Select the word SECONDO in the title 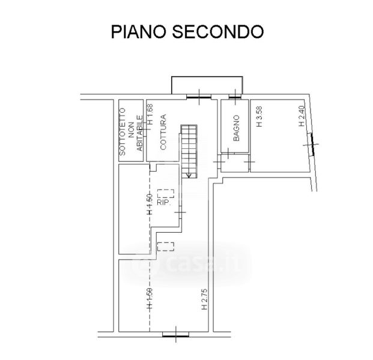[x=219, y=32]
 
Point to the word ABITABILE [x=139, y=137]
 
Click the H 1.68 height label [x=151, y=113]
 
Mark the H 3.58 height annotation [x=259, y=117]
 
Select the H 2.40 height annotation [x=302, y=116]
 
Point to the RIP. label [x=165, y=203]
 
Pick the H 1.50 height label [x=149, y=298]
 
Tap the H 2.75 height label [x=204, y=298]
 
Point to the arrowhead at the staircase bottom [x=189, y=175]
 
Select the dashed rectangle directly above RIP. [x=166, y=194]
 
